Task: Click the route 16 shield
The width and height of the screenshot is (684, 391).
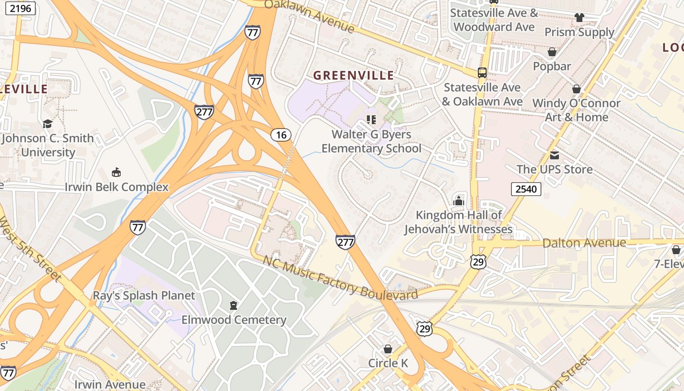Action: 281,135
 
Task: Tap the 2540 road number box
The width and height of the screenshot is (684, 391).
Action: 526,189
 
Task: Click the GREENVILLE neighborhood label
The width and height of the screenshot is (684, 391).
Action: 353,75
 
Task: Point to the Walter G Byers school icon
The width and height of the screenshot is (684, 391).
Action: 371,120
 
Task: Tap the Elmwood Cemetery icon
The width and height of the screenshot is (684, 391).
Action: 234,305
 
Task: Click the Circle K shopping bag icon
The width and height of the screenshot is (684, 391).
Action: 388,349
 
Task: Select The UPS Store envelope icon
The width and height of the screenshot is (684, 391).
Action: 554,155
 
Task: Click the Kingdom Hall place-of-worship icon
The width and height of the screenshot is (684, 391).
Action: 458,201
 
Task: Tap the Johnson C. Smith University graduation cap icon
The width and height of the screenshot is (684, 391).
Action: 47,124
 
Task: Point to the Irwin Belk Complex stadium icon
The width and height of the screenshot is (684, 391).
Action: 116,172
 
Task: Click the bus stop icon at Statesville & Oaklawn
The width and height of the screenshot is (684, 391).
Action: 482,73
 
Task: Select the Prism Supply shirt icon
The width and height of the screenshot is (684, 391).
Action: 579,18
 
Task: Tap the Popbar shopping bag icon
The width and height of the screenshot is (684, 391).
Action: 552,52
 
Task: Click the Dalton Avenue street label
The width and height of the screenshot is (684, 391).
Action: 584,243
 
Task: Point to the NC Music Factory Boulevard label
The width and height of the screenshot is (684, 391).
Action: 340,278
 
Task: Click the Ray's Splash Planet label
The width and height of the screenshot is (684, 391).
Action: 144,296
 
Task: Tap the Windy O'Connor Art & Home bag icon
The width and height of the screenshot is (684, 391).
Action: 577,89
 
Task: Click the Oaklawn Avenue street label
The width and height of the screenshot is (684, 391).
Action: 309,15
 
